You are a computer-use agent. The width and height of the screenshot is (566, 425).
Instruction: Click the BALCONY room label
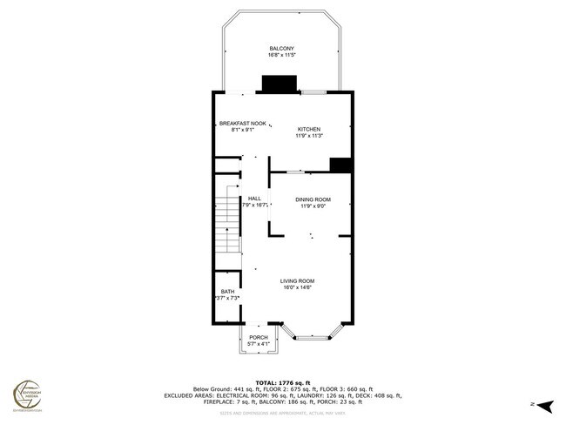(x=282, y=48)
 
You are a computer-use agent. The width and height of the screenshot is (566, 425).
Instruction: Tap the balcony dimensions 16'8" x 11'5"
(x=282, y=55)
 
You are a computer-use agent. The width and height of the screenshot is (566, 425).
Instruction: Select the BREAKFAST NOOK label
(x=242, y=123)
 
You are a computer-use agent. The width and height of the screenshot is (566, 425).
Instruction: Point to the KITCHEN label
(x=309, y=129)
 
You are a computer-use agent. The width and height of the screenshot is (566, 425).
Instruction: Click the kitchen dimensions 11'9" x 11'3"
(x=309, y=136)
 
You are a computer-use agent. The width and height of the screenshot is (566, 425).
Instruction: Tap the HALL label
(x=254, y=198)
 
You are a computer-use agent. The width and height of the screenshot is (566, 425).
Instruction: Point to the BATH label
(x=227, y=292)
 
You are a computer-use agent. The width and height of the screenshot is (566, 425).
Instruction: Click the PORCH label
(x=259, y=337)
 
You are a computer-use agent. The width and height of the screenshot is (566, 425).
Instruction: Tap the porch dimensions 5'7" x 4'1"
(x=259, y=344)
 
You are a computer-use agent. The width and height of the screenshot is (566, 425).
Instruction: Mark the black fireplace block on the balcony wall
(x=280, y=84)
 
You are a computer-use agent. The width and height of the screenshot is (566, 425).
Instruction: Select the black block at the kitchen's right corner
(x=340, y=165)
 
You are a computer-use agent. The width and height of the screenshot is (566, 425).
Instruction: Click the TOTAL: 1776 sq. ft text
(x=282, y=382)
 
